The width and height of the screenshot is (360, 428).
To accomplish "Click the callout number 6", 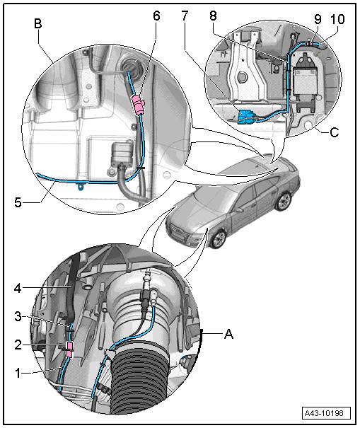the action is (156, 16).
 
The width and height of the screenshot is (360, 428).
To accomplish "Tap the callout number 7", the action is (185, 16).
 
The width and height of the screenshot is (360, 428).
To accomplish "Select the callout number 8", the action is (213, 16).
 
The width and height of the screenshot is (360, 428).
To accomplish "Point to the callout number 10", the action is (337, 19).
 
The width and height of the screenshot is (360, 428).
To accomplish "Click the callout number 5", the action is (18, 202).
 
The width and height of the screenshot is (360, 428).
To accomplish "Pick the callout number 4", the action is (18, 288).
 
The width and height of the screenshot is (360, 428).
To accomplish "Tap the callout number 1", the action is (18, 373).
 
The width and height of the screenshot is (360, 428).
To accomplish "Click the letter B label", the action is (38, 23).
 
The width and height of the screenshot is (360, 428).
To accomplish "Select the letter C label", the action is (335, 132).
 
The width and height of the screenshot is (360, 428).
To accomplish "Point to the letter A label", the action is (228, 334).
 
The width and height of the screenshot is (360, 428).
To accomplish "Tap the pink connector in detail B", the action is (139, 105).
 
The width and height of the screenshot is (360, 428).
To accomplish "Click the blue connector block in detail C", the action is (245, 117).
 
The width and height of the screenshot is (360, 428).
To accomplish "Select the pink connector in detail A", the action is (70, 349).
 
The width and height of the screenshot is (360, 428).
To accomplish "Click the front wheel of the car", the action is (219, 239).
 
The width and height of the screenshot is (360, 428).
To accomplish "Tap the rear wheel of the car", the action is (283, 202).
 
